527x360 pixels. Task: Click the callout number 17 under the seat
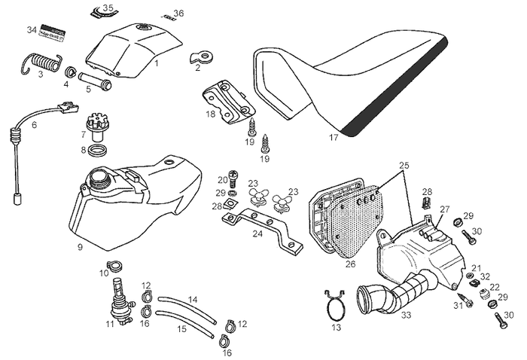point(334,139)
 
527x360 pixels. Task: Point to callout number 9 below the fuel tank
point(80,246)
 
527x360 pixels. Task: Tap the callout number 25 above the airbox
point(404,164)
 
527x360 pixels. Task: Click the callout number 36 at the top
point(178,14)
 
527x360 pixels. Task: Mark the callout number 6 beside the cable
point(34,125)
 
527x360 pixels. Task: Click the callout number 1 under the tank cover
point(156,64)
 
